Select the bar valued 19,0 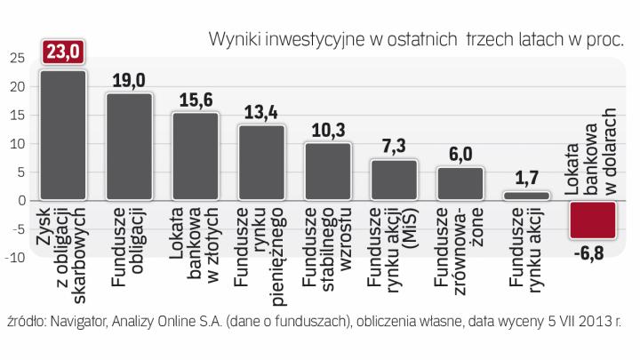pos(130,146)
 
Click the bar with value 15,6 pos(196,156)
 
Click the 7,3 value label pos(394,145)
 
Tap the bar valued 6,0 pos(460,183)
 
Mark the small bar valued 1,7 pos(525,196)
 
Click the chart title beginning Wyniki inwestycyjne pos(416,38)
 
